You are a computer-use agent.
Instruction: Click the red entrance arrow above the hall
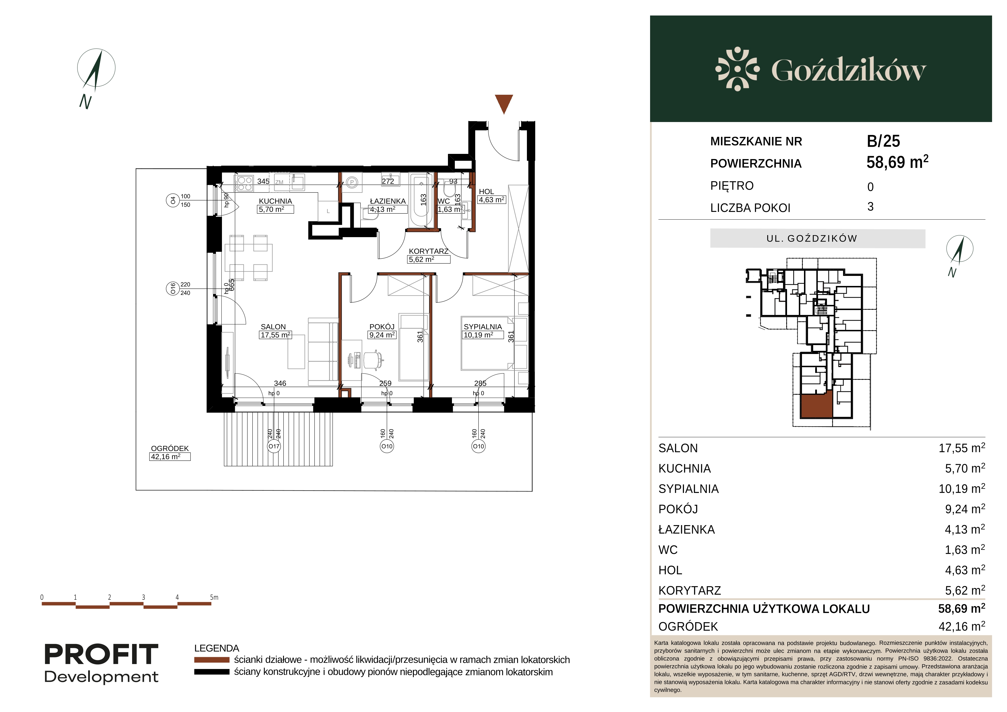pos(504,103)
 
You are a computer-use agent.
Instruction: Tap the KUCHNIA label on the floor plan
pos(275,201)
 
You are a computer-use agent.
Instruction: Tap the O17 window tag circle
pos(274,446)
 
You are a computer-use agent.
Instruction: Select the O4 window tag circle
pos(172,200)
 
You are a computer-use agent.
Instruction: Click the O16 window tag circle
pos(172,289)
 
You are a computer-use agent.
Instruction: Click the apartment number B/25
pos(883,141)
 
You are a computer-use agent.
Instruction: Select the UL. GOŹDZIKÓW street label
pos(812,239)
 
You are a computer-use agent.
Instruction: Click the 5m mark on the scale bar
pos(214,597)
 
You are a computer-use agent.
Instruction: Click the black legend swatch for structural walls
pos(212,672)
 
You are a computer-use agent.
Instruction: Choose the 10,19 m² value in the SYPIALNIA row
pos(962,489)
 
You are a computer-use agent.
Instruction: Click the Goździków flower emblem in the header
pos(737,69)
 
